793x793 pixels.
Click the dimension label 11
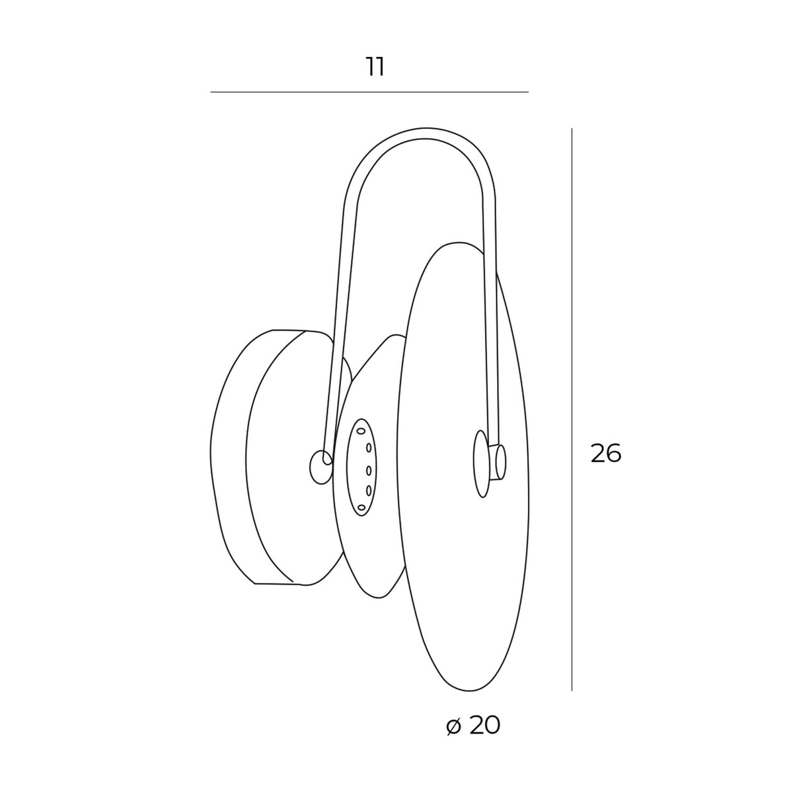tap(375, 67)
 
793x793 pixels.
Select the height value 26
tap(605, 454)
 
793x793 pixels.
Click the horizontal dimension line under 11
tap(369, 92)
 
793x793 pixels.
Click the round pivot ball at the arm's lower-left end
tap(321, 467)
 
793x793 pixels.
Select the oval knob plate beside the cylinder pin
tap(481, 464)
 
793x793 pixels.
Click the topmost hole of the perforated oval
tap(361, 431)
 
